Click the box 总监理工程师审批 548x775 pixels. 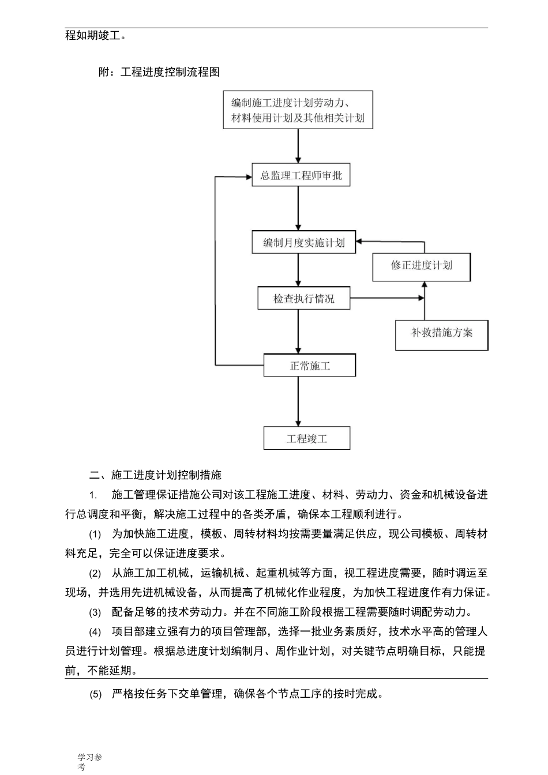coord(301,175)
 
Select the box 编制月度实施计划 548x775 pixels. coord(303,243)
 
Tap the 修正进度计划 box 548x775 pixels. coord(421,266)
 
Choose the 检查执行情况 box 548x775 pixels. coord(303,299)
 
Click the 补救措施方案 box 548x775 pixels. coord(441,333)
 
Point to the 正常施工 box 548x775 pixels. coord(310,366)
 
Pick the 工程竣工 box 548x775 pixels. coord(307,438)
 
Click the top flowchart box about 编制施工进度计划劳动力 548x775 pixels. coord(298,110)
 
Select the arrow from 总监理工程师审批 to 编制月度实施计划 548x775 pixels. coord(298,208)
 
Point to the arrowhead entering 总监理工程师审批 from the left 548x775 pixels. coord(248,176)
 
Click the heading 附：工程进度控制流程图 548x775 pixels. coord(159,72)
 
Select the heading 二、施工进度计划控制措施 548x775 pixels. coord(156,475)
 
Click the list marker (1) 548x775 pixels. coord(95,534)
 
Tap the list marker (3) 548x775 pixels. coord(95,612)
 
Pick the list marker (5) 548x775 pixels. coord(95,694)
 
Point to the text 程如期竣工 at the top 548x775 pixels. coord(95,35)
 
